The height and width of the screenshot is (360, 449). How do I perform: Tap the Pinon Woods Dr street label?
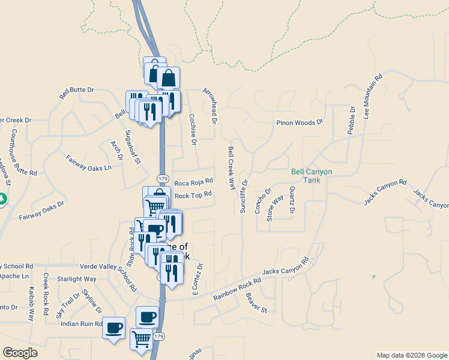point(300,122)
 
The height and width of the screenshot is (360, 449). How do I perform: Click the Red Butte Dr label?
point(77,92)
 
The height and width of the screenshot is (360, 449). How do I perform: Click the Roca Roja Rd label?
point(194,181)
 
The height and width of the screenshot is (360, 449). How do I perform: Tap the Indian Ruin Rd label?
point(82,323)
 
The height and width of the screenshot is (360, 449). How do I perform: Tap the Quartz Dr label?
point(292,200)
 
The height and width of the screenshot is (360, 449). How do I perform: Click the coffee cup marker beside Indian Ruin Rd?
point(114,328)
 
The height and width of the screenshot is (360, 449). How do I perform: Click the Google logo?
point(20,352)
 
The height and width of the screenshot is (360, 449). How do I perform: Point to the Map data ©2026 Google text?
point(411,355)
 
